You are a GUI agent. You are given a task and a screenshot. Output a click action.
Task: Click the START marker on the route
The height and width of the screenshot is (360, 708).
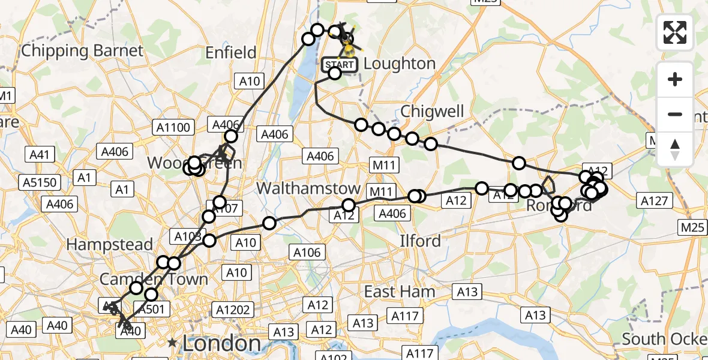pyautogui.click(x=340, y=64)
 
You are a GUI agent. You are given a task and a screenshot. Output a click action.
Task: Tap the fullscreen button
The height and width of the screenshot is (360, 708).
pyautogui.click(x=675, y=32)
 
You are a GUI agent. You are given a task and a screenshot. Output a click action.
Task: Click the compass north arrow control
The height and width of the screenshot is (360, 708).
pyautogui.click(x=675, y=149)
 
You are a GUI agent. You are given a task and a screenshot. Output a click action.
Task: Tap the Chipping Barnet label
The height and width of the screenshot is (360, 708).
pyautogui.click(x=82, y=50)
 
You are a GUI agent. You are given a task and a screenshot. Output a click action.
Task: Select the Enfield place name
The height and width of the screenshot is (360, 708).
pyautogui.click(x=231, y=53)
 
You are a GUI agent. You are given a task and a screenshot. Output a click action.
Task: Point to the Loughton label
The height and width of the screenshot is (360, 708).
pyautogui.click(x=400, y=64)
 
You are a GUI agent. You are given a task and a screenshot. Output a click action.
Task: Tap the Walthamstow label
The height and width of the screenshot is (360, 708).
pyautogui.click(x=308, y=188)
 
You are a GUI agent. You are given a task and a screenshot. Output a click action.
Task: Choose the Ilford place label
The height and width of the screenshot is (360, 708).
pyautogui.click(x=421, y=241)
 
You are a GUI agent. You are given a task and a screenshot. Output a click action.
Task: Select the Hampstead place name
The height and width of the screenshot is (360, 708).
pyautogui.click(x=110, y=244)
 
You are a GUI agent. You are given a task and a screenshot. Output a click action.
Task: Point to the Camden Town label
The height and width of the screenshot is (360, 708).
pyautogui.click(x=154, y=279)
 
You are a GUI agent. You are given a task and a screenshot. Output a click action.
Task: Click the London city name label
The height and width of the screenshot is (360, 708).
pyautogui.click(x=221, y=344)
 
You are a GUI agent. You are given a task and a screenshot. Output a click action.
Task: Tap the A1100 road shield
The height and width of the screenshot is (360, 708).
pyautogui.click(x=173, y=127)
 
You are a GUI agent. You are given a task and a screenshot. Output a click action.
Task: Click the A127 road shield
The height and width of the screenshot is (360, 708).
pyautogui.click(x=654, y=201)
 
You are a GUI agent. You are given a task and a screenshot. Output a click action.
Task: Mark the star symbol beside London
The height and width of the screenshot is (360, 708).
pyautogui.click(x=173, y=343)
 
